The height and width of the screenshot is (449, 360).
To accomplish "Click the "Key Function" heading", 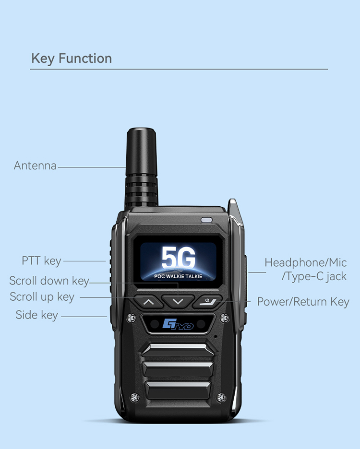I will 72,59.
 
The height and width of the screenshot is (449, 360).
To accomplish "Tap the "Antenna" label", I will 35,166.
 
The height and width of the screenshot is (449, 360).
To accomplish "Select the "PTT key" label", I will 42,261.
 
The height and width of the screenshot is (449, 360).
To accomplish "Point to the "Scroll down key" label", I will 49,281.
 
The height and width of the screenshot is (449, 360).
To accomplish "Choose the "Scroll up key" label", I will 42,297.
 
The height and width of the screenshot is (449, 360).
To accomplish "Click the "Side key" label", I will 37,315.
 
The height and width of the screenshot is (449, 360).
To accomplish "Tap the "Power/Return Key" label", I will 303,302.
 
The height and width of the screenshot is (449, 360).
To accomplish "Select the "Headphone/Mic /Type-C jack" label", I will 306,270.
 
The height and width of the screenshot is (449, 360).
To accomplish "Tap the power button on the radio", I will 207,301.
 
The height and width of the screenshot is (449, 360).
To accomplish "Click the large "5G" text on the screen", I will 178,258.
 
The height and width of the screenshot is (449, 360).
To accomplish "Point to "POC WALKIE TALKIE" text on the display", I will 178,277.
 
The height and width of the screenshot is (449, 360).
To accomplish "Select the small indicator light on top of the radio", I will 206,220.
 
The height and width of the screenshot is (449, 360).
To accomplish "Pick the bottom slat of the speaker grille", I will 178,389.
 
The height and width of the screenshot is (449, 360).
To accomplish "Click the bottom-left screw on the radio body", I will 135,397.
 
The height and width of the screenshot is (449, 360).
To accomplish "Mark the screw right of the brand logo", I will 224,318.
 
